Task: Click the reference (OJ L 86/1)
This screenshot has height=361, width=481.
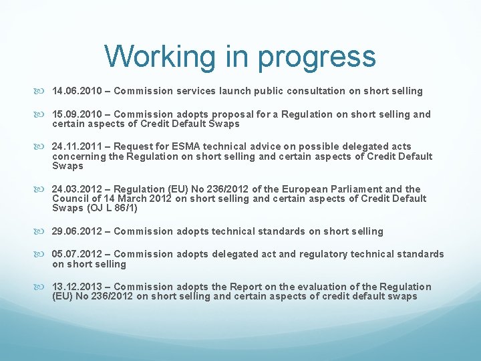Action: click(114, 209)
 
